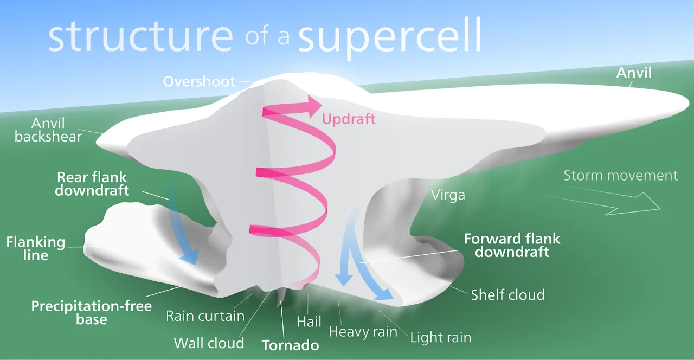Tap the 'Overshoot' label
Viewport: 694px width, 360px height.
[200, 81]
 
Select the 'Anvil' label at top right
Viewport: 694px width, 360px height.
[634, 73]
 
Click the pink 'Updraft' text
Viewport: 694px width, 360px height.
[349, 118]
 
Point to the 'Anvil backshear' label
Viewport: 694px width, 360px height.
[48, 130]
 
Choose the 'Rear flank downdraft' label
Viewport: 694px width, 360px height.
[93, 184]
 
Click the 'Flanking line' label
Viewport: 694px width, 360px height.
[36, 248]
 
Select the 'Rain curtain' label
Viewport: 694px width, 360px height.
[205, 316]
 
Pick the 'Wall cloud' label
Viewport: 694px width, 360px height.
[209, 343]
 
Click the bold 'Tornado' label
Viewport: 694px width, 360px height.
[290, 345]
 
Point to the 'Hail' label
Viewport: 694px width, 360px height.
[309, 321]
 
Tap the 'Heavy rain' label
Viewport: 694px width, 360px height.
[363, 331]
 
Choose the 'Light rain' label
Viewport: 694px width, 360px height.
[440, 337]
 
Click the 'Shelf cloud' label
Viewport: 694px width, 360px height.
[507, 295]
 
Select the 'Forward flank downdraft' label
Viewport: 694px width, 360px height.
[512, 245]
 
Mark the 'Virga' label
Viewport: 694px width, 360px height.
[447, 195]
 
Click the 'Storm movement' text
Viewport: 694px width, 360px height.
[620, 175]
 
